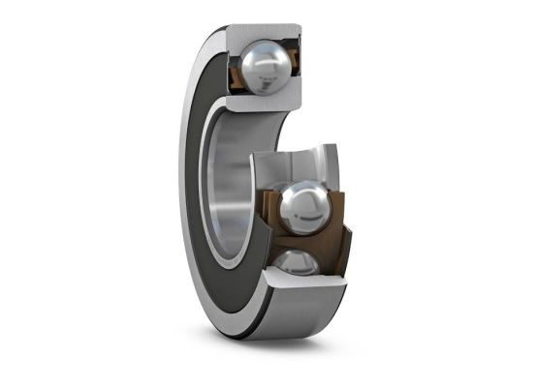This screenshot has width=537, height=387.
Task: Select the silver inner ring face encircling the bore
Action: [218, 213]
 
